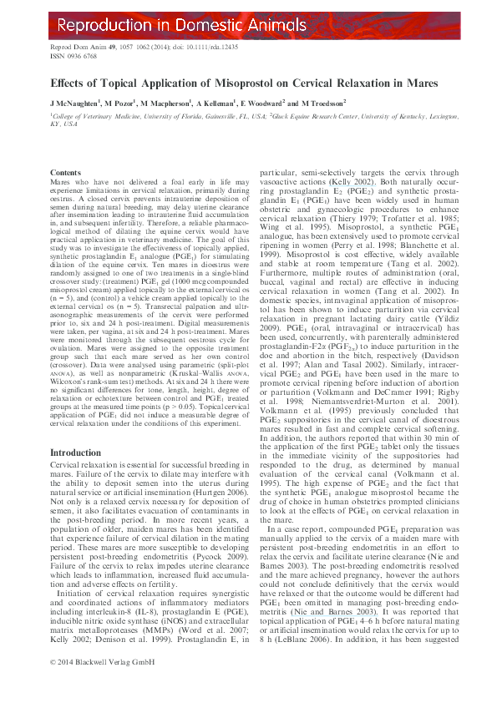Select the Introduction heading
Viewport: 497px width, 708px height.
click(x=76, y=452)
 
